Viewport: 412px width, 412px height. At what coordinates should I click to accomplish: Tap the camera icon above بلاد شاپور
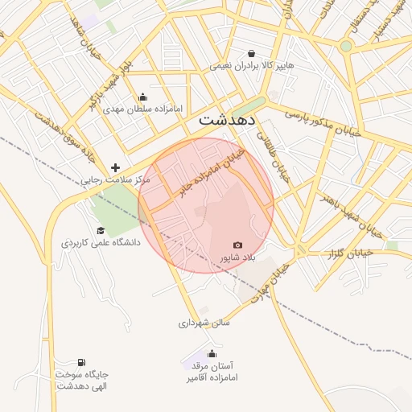(237, 245)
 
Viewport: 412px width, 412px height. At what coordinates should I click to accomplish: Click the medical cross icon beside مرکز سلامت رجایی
(116, 168)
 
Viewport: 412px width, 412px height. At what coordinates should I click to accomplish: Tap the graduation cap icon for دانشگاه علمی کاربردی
(101, 230)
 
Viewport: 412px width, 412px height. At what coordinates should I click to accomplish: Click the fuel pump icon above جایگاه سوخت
(81, 363)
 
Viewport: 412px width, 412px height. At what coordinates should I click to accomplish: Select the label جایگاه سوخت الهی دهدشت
(82, 380)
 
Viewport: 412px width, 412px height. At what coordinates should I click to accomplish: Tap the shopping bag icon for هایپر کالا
(252, 53)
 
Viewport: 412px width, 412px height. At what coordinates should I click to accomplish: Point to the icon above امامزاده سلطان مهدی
(143, 97)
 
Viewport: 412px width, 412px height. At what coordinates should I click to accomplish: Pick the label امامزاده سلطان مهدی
(143, 108)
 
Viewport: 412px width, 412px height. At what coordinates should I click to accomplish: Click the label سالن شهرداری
(204, 323)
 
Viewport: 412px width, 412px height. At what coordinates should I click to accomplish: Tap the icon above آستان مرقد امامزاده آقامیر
(212, 353)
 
